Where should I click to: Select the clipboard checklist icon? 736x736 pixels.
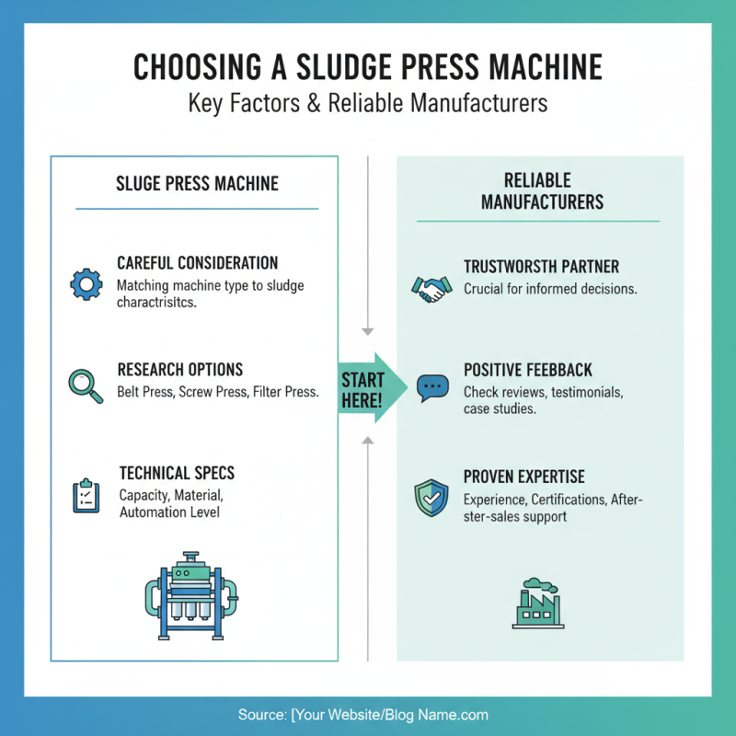pyautogui.click(x=86, y=495)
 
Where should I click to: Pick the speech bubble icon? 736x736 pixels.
pyautogui.click(x=431, y=386)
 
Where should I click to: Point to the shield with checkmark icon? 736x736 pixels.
pyautogui.click(x=431, y=497)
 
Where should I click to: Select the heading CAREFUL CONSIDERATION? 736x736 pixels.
pyautogui.click(x=197, y=263)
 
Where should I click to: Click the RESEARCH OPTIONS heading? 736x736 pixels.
pyautogui.click(x=180, y=370)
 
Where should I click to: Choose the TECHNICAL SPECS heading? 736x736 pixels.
pyautogui.click(x=177, y=474)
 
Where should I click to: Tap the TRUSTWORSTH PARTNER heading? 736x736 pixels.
pyautogui.click(x=541, y=267)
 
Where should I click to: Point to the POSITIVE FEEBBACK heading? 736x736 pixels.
pyautogui.click(x=527, y=370)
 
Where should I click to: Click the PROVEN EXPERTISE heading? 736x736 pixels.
pyautogui.click(x=524, y=477)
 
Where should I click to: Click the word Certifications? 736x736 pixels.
pyautogui.click(x=576, y=500)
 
